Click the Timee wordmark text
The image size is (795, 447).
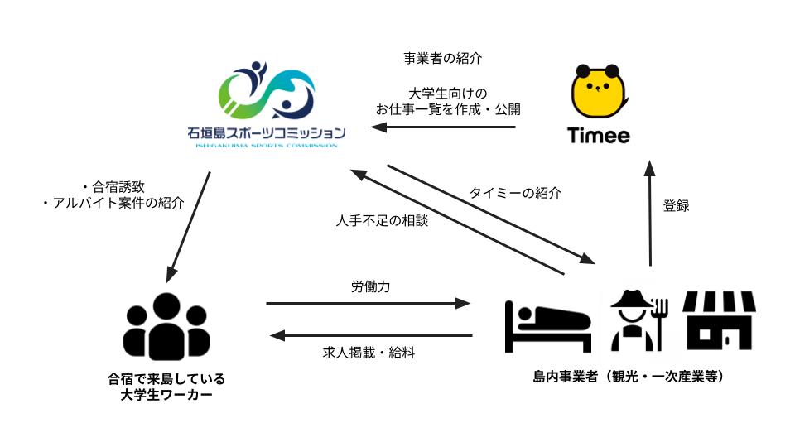(598, 135)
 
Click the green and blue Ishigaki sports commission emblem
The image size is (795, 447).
(267, 90)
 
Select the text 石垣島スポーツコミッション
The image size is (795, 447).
(267, 133)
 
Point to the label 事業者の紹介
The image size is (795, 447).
(442, 58)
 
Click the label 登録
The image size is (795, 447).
(677, 206)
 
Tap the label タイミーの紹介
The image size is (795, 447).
(515, 193)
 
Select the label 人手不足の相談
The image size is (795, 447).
(383, 220)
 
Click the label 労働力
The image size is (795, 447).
(371, 287)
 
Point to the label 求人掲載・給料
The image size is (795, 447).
(369, 353)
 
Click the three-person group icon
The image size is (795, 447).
(166, 327)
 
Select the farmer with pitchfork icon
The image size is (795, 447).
(638, 320)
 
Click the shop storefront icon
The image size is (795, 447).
(719, 320)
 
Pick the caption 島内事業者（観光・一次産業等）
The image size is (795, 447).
(629, 377)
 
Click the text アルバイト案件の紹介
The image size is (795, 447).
(118, 204)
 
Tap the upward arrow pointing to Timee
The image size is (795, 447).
(650, 214)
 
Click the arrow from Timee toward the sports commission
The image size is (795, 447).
(443, 127)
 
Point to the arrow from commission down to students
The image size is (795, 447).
(188, 227)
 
